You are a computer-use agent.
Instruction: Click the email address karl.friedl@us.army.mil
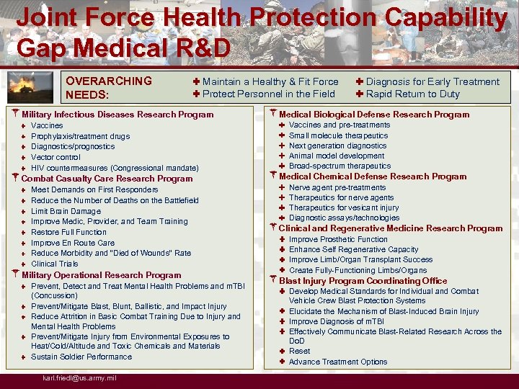[80, 378]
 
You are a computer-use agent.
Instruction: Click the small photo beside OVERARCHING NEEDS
[35, 87]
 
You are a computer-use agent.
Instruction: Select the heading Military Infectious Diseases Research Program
[117, 115]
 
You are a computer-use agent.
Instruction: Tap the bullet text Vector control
[56, 157]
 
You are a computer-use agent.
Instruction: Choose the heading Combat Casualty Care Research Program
[107, 179]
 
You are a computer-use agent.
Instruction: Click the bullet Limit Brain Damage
[66, 211]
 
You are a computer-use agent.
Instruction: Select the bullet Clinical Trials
[54, 264]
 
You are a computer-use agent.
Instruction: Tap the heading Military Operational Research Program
[102, 275]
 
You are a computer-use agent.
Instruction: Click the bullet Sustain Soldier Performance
[81, 357]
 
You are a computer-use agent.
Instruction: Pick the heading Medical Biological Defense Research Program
[374, 115]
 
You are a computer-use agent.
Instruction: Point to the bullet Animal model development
[337, 156]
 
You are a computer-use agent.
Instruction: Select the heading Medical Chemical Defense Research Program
[373, 176]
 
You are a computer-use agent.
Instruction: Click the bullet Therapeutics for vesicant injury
[344, 207]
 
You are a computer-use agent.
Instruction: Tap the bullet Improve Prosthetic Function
[338, 239]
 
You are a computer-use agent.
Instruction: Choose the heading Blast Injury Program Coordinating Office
[363, 281]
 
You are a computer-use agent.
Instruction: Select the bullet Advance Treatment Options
[338, 362]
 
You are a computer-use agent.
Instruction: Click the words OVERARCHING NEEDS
[108, 87]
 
